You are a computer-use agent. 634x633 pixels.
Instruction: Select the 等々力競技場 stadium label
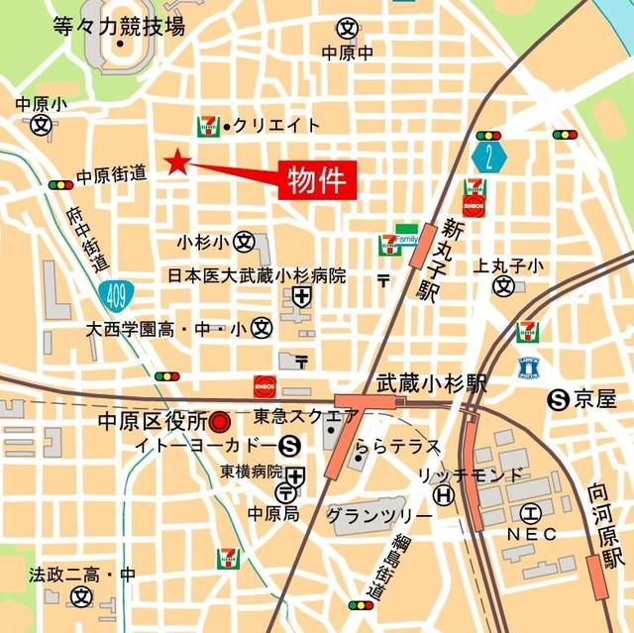click(x=120, y=27)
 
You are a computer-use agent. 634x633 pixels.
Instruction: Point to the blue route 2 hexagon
click(x=488, y=157)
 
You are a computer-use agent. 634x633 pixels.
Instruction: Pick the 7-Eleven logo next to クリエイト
click(x=208, y=124)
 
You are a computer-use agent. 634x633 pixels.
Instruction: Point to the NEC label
click(x=532, y=534)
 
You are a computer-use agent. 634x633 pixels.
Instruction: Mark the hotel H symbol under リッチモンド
click(x=445, y=494)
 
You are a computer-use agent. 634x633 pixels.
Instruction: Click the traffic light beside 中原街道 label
click(x=60, y=184)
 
